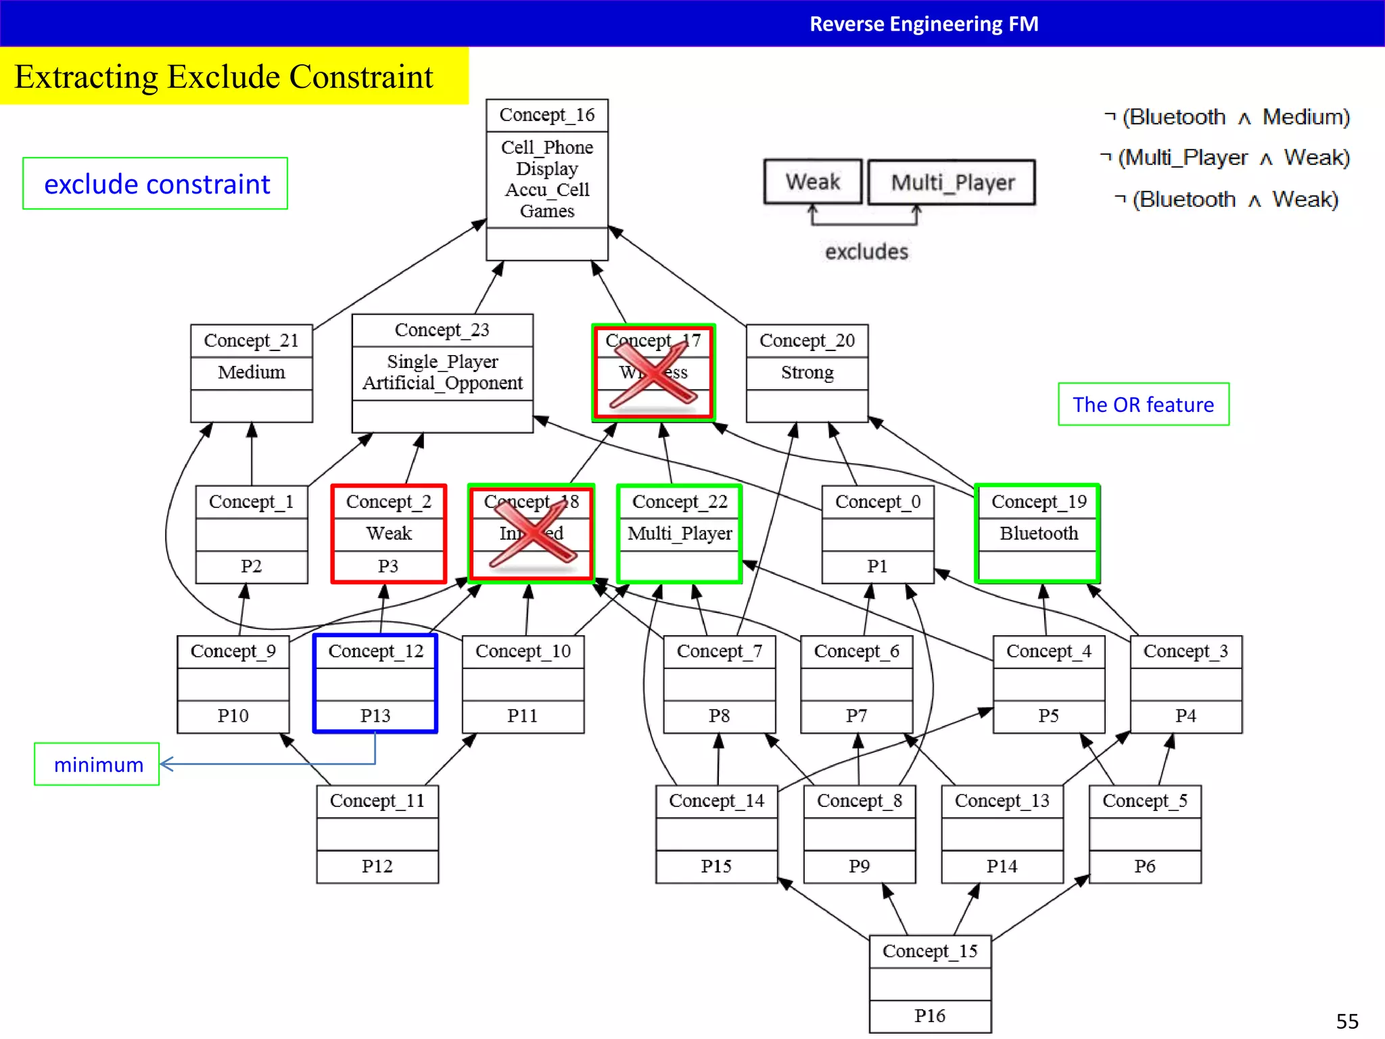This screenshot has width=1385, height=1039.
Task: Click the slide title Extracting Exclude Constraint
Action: coord(223,76)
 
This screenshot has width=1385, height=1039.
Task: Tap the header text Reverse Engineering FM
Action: coord(924,24)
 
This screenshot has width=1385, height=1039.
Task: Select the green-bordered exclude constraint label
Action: coord(156,184)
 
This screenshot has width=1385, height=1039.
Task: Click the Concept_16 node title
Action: coord(546,115)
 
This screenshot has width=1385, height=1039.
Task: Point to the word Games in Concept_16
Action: coord(546,211)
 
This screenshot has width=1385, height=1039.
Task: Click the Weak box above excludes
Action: coord(812,182)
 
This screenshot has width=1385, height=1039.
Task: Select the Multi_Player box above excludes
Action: coord(952,182)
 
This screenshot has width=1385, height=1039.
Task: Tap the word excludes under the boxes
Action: coord(866,252)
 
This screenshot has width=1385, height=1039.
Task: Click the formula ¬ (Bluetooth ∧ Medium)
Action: coord(1227,117)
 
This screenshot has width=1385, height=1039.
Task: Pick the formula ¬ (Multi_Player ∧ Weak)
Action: coord(1225,158)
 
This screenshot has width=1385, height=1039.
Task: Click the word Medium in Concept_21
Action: coord(252,372)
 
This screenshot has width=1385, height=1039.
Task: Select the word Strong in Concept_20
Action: coord(807,372)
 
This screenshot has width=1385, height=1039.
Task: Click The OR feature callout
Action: coord(1143,405)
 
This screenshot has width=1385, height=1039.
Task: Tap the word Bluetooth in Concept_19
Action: coord(1039,533)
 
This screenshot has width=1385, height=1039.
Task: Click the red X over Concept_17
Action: coord(653,374)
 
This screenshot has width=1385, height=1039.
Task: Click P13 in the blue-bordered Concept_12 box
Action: coord(375,715)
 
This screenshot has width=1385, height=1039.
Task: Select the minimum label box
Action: coord(97,764)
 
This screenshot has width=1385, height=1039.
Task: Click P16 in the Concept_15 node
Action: coord(930,1015)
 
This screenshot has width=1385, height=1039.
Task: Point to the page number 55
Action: coord(1346,1021)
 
